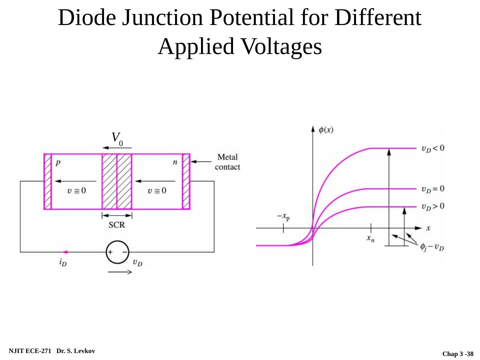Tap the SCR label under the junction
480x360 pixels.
(117, 225)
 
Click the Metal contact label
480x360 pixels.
(227, 162)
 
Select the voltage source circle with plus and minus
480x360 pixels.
(117, 252)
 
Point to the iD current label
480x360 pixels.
(63, 262)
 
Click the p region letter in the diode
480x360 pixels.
(58, 163)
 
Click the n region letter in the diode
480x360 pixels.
(175, 163)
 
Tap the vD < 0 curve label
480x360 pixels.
(433, 148)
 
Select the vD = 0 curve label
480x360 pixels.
(433, 189)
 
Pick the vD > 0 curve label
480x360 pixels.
(433, 207)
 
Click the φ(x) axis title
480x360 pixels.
(326, 130)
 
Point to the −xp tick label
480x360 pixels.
(283, 217)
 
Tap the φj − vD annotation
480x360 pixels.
(432, 247)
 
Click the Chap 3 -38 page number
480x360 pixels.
(458, 354)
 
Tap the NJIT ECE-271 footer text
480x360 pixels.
(30, 351)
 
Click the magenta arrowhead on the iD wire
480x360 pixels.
(65, 252)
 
